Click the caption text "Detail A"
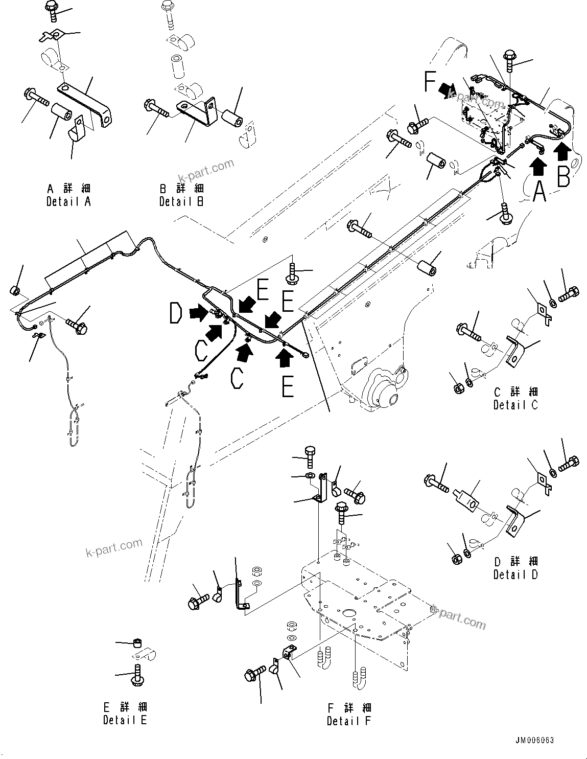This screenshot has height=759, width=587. (x=68, y=201)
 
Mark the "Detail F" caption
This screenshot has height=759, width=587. (x=349, y=721)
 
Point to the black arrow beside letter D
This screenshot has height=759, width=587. (x=199, y=312)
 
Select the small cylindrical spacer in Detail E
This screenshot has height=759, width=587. (x=136, y=642)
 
